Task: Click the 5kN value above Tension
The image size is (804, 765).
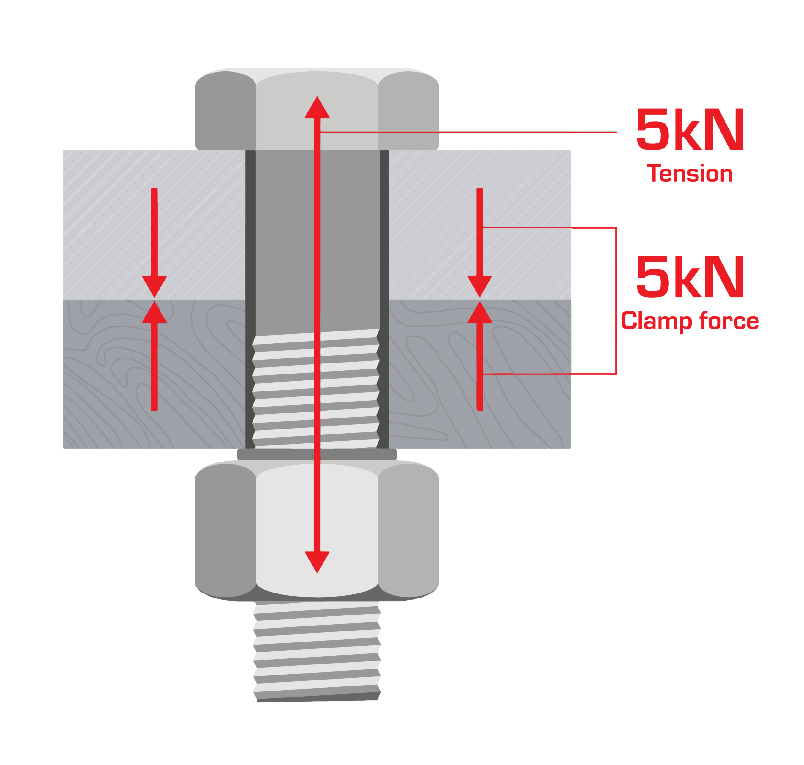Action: click(x=690, y=129)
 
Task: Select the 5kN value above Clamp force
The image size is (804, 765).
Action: click(x=690, y=276)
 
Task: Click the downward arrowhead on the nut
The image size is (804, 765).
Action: click(x=317, y=562)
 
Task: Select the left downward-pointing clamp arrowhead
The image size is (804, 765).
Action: click(x=154, y=286)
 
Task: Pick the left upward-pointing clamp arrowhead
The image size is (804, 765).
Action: click(x=154, y=312)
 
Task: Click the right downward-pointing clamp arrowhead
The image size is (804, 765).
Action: click(x=480, y=286)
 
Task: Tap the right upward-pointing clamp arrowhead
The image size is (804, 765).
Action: click(x=480, y=312)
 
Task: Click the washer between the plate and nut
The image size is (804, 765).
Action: click(x=317, y=454)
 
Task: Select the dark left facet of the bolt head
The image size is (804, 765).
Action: click(x=225, y=111)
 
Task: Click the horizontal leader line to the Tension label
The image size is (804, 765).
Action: click(x=468, y=132)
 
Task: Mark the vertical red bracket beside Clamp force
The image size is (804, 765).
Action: click(x=616, y=301)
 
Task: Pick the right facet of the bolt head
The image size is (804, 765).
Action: click(x=409, y=111)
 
